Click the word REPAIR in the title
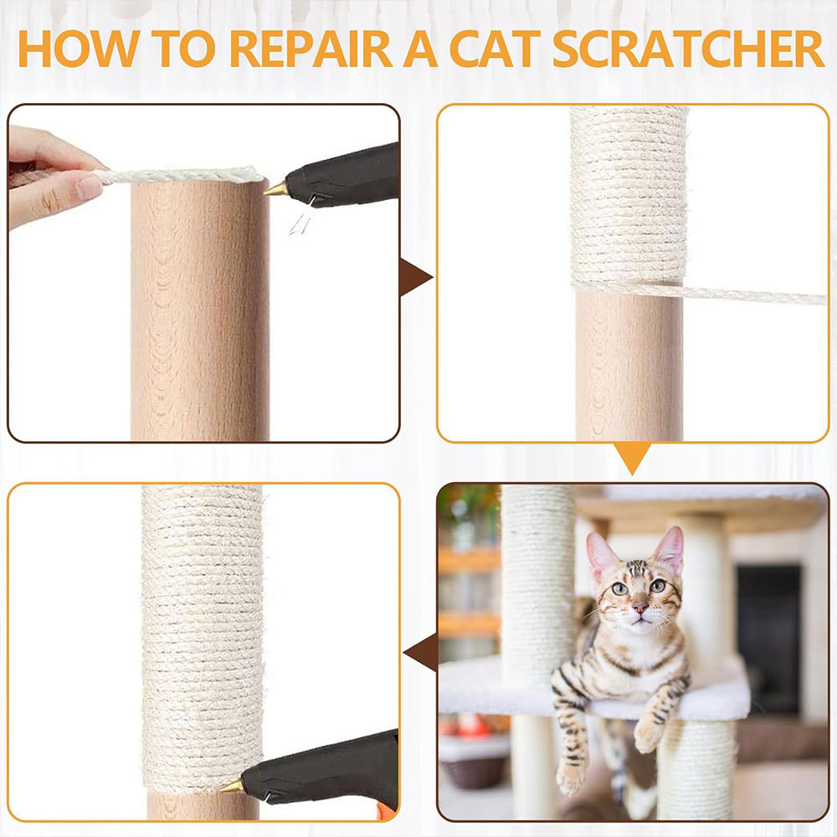point(311,49)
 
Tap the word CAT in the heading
point(496,49)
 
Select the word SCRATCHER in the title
point(689,49)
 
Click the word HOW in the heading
point(79,49)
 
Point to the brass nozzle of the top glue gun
point(275,189)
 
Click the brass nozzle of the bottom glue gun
point(231,786)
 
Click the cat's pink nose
point(639,608)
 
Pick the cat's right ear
point(670,550)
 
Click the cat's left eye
point(619,588)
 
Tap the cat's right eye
point(658,586)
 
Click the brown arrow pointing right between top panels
point(414,277)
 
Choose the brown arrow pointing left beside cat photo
point(422,652)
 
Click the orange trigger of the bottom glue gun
point(385,811)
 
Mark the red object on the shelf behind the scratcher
point(473,725)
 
